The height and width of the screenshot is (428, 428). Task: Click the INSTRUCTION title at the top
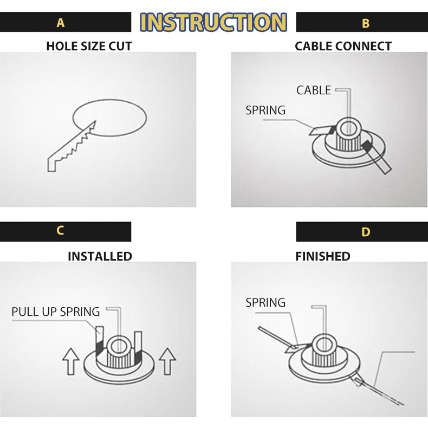pyautogui.click(x=213, y=22)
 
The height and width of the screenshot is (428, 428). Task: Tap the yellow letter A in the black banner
pyautogui.click(x=61, y=23)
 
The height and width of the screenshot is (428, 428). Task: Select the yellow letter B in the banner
pyautogui.click(x=366, y=23)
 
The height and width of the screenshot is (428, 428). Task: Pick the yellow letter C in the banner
pyautogui.click(x=60, y=231)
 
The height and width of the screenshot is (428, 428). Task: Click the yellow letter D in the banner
pyautogui.click(x=366, y=232)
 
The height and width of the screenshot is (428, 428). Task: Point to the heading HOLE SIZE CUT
pyautogui.click(x=89, y=46)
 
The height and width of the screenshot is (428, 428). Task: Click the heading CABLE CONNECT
pyautogui.click(x=343, y=46)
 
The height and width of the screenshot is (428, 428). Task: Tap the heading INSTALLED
pyautogui.click(x=100, y=256)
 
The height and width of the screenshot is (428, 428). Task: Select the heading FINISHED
pyautogui.click(x=323, y=256)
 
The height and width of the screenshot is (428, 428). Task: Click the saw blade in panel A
pyautogui.click(x=72, y=147)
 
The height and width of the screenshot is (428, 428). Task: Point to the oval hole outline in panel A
pyautogui.click(x=109, y=99)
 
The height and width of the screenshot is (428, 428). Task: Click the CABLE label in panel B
pyautogui.click(x=314, y=90)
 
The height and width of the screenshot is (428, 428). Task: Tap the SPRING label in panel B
pyautogui.click(x=265, y=111)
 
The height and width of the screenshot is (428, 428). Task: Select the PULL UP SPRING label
pyautogui.click(x=56, y=312)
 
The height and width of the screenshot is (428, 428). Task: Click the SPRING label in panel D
pyautogui.click(x=265, y=302)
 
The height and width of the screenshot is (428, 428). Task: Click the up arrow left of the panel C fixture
pyautogui.click(x=70, y=361)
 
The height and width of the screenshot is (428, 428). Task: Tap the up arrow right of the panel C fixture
pyautogui.click(x=167, y=361)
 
